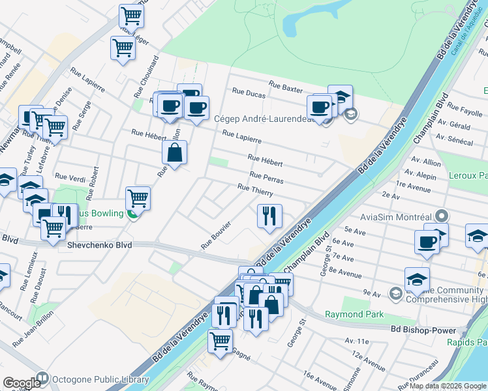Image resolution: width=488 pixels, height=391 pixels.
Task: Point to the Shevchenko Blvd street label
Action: pyautogui.click(x=100, y=245)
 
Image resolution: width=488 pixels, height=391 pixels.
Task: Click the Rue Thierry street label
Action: pyautogui.click(x=255, y=189)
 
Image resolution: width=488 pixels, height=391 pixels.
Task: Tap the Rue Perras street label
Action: pyautogui.click(x=266, y=177)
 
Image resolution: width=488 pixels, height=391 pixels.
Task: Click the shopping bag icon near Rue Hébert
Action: pyautogui.click(x=175, y=153)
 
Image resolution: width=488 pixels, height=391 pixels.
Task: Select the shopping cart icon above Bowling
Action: pyautogui.click(x=138, y=197)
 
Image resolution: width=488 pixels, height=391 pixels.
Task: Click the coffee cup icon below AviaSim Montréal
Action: pyautogui.click(x=427, y=242)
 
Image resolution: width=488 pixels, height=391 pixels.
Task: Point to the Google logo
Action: pyautogui.click(x=22, y=383)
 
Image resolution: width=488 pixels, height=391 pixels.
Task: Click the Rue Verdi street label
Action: pyautogui.click(x=70, y=177)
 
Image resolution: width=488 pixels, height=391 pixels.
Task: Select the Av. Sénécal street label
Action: pyautogui.click(x=455, y=139)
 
